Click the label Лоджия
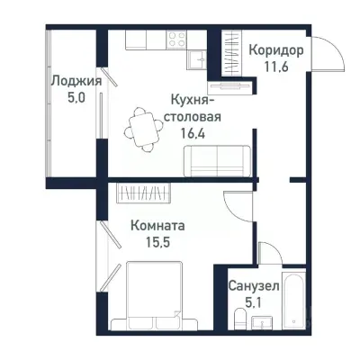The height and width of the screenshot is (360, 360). tap(75, 81)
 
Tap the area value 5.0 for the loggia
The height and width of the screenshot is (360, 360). tap(75, 97)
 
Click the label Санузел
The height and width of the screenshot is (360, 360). tap(253, 286)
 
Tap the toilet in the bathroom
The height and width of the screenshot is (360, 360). tap(240, 319)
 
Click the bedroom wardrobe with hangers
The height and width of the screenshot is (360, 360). tap(145, 192)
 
